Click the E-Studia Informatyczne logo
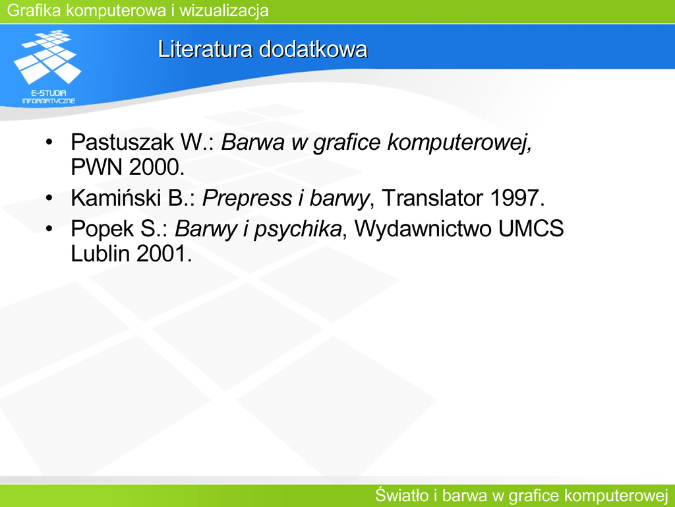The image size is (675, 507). tap(47, 67)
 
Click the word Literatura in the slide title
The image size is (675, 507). tap(205, 49)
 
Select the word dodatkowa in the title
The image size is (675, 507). tap(313, 49)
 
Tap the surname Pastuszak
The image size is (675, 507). tap(122, 142)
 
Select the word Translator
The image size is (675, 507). tap(432, 198)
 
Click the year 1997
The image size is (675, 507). tap(517, 198)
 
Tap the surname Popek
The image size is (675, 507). tap(102, 228)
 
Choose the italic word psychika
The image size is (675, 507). tap(298, 229)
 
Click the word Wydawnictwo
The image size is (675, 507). tap(423, 228)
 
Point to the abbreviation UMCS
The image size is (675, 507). tap(531, 228)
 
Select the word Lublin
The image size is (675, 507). tap(100, 253)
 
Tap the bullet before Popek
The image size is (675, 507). tap(49, 228)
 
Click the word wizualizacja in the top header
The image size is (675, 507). tap(224, 11)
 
